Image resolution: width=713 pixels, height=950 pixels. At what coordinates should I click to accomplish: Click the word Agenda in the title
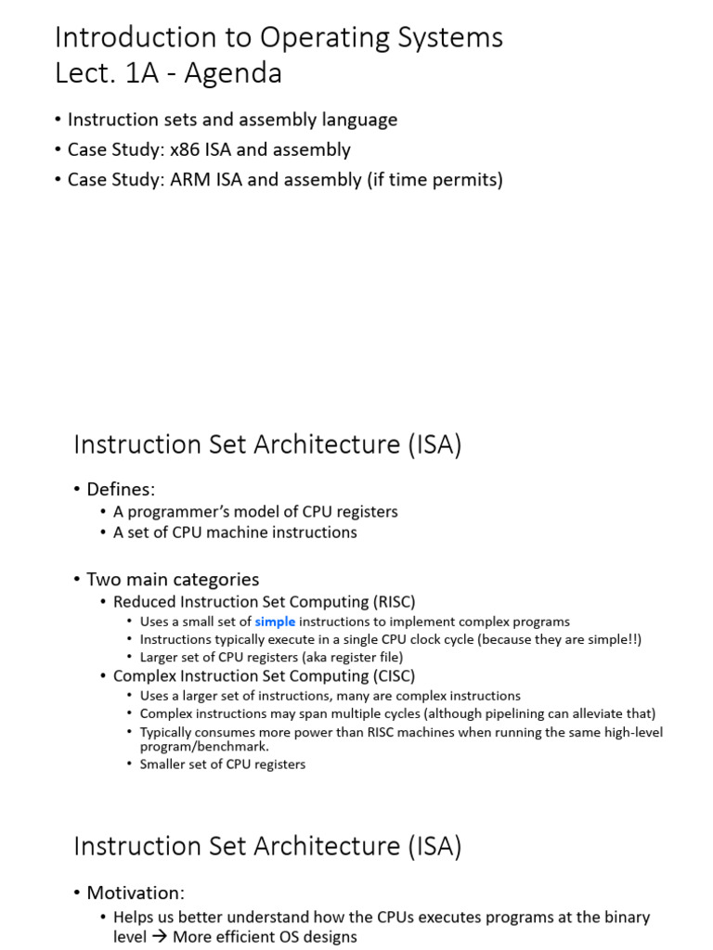click(233, 72)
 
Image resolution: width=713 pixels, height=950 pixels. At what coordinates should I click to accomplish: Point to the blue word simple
click(275, 622)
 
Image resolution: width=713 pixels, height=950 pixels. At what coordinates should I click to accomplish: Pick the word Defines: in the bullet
click(121, 489)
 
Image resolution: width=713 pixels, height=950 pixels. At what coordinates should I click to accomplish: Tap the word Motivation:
click(136, 892)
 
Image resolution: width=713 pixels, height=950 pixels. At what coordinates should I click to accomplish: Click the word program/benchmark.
click(204, 746)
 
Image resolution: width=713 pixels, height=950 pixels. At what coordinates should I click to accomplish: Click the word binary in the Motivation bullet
click(627, 917)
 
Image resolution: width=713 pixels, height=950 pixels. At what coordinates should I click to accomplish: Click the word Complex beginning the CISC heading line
click(143, 675)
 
